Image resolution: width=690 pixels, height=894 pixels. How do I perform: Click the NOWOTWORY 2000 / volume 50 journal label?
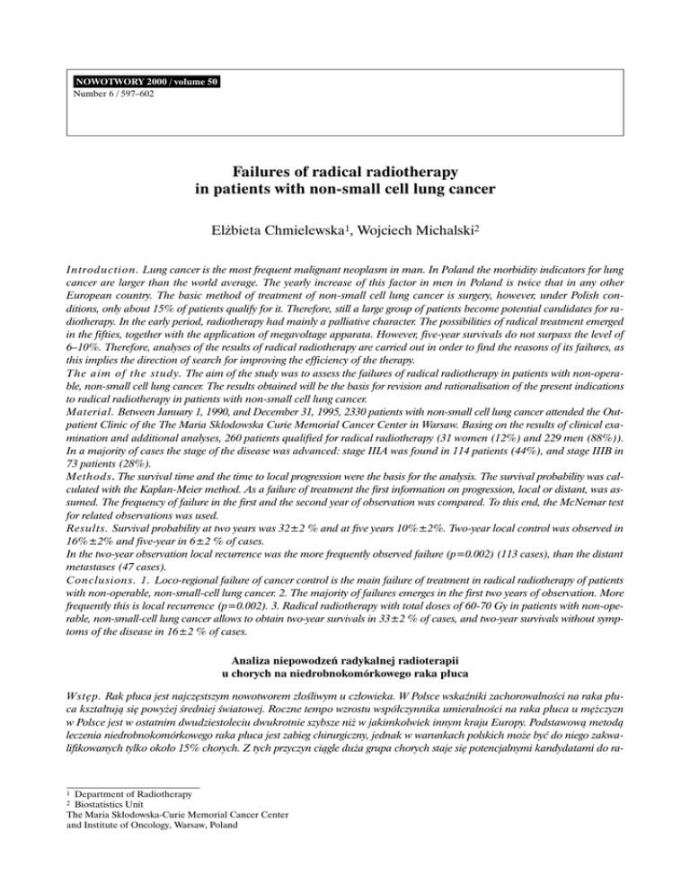click(145, 81)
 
